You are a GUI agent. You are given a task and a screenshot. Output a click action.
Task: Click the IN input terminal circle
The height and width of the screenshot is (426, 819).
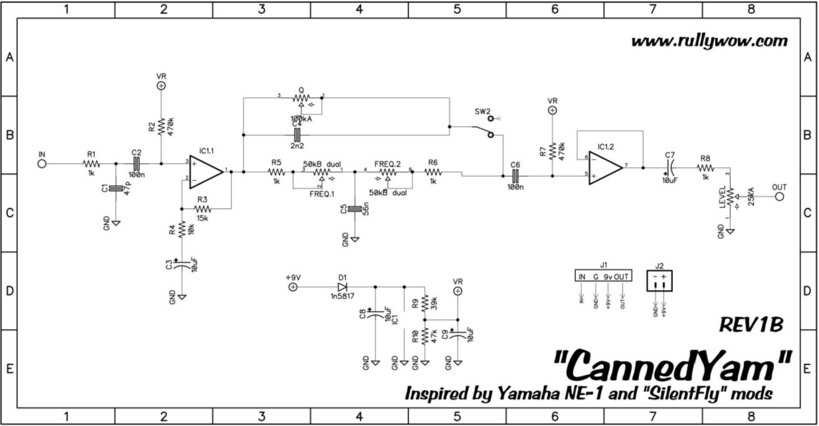(42, 163)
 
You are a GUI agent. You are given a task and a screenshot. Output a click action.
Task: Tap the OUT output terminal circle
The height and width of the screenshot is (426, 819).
(779, 197)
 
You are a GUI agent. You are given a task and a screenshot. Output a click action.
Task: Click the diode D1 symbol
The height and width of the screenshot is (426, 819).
(343, 287)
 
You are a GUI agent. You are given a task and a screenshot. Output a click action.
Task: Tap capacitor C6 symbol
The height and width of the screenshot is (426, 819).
(515, 177)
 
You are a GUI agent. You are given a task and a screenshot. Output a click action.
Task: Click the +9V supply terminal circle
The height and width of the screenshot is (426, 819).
(293, 287)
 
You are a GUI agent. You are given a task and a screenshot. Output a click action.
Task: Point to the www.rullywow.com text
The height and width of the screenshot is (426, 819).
(709, 41)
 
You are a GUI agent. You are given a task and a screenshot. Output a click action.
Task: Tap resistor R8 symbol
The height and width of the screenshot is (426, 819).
(705, 168)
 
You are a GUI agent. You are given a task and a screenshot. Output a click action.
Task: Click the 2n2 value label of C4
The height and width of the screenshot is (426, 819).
(296, 145)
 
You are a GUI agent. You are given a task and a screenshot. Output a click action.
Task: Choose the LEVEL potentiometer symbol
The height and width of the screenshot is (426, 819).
(730, 197)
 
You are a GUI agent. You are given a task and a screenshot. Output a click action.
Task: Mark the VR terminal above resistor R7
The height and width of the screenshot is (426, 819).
(553, 110)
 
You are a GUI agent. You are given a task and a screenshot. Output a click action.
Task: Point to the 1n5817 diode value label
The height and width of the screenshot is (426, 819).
(342, 298)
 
